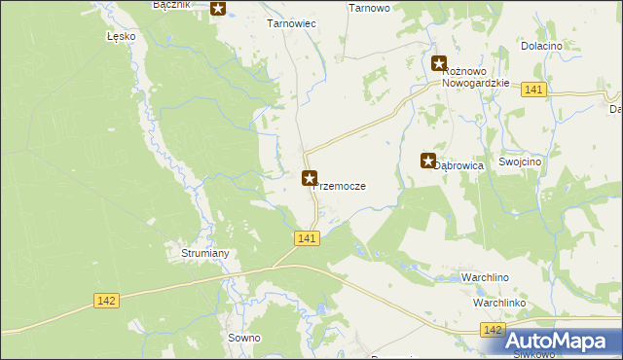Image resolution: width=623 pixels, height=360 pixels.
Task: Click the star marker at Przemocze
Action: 310,178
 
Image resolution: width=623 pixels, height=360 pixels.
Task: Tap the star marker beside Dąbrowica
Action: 427,161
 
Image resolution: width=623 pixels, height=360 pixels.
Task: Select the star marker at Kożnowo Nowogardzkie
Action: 439,63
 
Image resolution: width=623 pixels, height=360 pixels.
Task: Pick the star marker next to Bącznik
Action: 218,9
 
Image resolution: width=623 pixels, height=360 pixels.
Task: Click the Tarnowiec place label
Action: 291,23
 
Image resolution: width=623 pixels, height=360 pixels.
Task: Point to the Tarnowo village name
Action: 369,7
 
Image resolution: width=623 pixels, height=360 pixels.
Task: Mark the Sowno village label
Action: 242,338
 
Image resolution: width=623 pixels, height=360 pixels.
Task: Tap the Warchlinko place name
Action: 499,303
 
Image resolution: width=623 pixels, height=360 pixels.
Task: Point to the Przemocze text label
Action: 341,186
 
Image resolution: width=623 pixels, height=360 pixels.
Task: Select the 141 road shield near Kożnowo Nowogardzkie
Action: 532,90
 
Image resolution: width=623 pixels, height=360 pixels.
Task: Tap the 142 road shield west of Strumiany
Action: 107,301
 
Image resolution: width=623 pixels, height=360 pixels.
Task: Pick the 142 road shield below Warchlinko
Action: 493,332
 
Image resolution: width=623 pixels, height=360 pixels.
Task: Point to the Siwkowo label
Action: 533,355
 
